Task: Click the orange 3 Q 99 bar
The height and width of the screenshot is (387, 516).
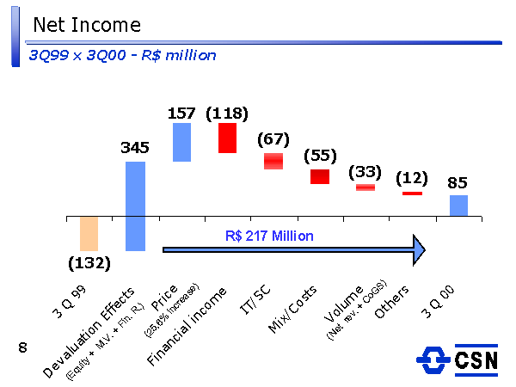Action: point(89,233)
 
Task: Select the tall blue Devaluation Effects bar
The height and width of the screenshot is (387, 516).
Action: point(135,206)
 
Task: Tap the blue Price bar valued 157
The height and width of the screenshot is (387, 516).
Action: point(181,142)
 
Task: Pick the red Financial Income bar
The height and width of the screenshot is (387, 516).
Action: point(227,138)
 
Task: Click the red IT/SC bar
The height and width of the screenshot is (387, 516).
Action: point(273,161)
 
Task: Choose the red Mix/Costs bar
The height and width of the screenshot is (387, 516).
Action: point(320,176)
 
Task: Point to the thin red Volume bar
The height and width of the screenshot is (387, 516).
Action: point(365,187)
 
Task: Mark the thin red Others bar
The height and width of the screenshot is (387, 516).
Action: point(412,193)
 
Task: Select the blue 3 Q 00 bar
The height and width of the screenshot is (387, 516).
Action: point(458,205)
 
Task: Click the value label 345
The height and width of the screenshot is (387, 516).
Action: point(135,148)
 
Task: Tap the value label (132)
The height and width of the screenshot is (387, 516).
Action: point(89,263)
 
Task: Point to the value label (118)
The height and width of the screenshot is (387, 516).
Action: point(227,113)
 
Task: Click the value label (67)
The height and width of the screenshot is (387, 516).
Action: point(273,139)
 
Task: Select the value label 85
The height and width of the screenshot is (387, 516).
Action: point(458,182)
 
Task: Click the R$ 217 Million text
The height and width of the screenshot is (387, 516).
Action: point(270,235)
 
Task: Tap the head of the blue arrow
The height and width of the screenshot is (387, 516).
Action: point(418,249)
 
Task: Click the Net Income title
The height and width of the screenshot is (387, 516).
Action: point(86,25)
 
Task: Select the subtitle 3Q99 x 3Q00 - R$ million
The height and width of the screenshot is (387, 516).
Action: point(122,55)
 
